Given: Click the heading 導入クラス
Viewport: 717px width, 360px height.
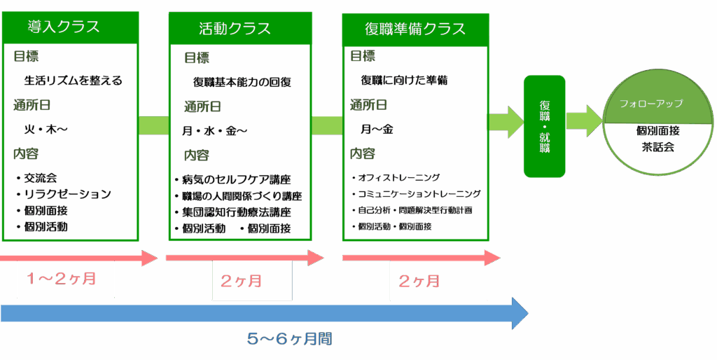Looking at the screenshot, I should point(64,27).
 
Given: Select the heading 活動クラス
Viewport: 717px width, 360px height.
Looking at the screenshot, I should point(235,28).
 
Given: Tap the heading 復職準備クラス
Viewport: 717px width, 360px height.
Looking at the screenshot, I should point(415,29).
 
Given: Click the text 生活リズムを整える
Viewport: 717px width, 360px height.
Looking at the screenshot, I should point(73,81).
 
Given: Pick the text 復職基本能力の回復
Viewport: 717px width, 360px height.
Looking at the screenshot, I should point(242,83).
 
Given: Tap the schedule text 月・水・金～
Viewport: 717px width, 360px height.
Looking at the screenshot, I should point(214,131).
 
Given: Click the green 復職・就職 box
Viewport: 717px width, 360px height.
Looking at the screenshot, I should point(545,125).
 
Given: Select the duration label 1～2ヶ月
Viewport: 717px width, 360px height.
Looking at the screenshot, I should point(61,279).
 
